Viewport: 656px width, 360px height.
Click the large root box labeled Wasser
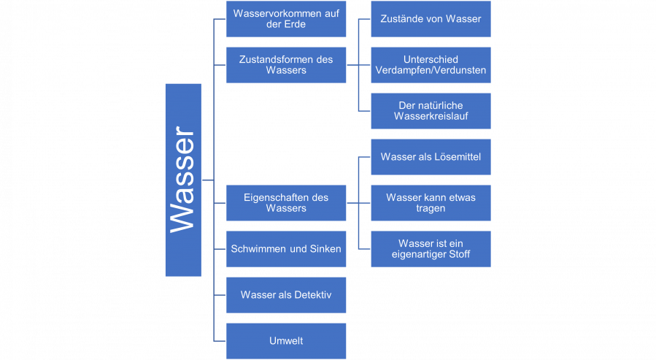point(183,180)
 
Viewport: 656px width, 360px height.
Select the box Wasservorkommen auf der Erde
point(285,19)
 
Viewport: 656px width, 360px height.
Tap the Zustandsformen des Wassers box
point(285,65)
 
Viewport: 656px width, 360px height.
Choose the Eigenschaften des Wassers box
point(285,202)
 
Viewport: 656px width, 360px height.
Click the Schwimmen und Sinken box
point(285,249)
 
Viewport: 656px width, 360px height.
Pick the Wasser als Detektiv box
point(285,295)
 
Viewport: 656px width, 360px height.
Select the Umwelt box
point(285,341)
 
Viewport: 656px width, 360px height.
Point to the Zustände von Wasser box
point(431,19)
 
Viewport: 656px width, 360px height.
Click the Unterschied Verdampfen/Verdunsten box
point(431,65)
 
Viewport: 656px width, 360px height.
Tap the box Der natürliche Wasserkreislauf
point(431,111)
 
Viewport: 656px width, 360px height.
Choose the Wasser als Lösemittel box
point(431,157)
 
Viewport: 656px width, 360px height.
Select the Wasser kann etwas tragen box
point(431,202)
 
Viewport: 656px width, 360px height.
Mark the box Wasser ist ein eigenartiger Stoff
point(431,249)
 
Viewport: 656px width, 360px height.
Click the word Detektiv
point(313,295)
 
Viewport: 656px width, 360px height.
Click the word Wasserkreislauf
point(431,117)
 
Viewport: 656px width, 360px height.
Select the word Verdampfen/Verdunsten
point(431,71)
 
